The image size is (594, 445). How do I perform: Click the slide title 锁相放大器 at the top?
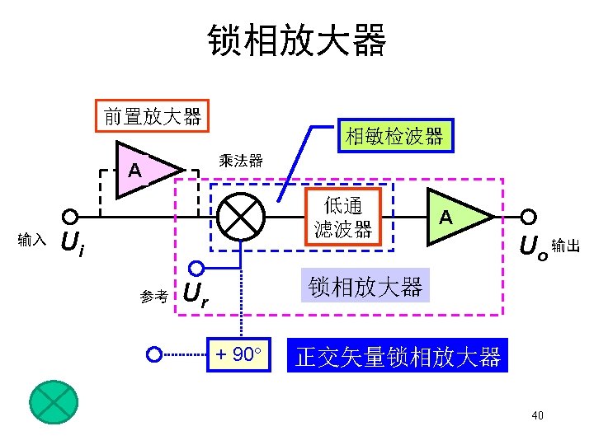pos(296,40)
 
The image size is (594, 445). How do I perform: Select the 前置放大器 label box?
pos(153,116)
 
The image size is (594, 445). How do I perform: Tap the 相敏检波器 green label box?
pos(394,136)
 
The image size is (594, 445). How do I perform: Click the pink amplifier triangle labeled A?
pos(144,171)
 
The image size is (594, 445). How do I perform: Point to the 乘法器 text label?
pos(241,161)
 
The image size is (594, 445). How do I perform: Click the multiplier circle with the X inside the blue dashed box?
pos(241,218)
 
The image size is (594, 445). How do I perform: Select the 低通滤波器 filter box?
pos(342,218)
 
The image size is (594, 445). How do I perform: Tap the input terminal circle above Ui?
pos(71,217)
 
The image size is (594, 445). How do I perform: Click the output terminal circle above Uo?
pos(529,217)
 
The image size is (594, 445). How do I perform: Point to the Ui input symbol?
pos(74,243)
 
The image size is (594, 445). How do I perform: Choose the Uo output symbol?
pos(531,246)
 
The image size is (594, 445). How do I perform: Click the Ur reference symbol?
pos(195,295)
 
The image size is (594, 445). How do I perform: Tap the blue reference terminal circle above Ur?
pos(196,268)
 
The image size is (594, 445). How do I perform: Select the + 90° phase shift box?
pos(238,355)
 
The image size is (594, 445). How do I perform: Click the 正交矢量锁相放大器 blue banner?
pos(398,357)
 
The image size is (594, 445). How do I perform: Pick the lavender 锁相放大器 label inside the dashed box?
pos(365,287)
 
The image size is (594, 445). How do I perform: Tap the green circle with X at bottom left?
pos(53,400)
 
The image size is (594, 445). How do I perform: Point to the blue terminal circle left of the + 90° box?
pos(153,355)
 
